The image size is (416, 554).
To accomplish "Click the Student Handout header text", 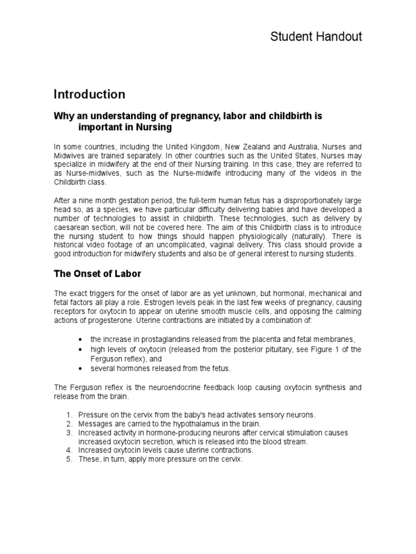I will coord(316,37).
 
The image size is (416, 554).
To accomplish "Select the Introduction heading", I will coord(89,94).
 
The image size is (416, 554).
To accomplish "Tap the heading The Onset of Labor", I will coord(97,274).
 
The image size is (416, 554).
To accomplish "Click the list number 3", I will coord(69,433).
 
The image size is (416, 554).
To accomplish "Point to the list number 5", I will coord(69,459).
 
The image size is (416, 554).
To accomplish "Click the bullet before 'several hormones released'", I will coord(80,368).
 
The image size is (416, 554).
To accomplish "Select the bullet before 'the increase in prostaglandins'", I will coord(80,339).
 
